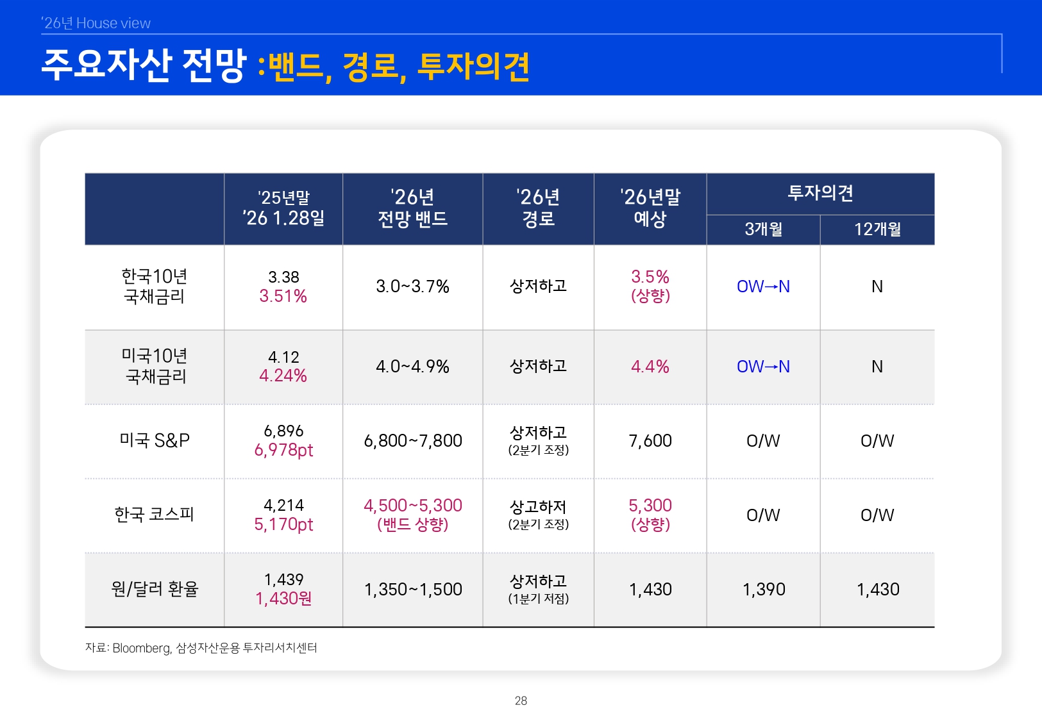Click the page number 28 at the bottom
(x=521, y=700)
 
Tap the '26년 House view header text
(x=96, y=23)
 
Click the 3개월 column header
(x=763, y=229)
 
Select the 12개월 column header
(x=877, y=229)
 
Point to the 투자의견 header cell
(x=820, y=193)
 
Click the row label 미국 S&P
(x=155, y=440)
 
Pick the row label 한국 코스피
(x=154, y=514)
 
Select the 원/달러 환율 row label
(x=155, y=589)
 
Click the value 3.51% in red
(x=283, y=297)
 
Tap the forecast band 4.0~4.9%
(x=412, y=367)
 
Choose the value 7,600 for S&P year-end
(x=650, y=441)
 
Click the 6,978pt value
(x=283, y=451)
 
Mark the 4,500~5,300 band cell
(x=412, y=506)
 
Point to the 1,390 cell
(x=763, y=590)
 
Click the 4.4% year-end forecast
(x=650, y=367)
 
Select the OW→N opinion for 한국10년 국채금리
(x=763, y=286)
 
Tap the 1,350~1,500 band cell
(x=412, y=590)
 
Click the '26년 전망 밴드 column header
(x=412, y=208)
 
